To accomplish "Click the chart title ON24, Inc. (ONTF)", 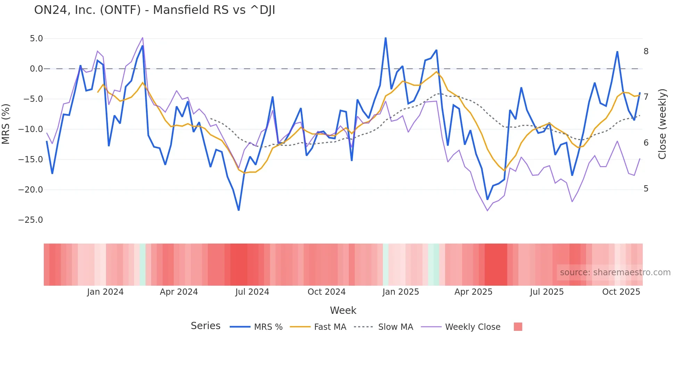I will pyautogui.click(x=155, y=10).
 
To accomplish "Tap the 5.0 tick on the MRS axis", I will pyautogui.click(x=36, y=39).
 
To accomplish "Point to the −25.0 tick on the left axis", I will pyautogui.click(x=31, y=220).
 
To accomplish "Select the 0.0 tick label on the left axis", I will pyautogui.click(x=36, y=69).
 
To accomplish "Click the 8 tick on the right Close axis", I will pyautogui.click(x=646, y=51).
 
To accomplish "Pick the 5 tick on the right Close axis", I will pyautogui.click(x=646, y=189).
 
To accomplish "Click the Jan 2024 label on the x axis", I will pyautogui.click(x=105, y=292).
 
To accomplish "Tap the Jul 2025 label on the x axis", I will pyautogui.click(x=547, y=292).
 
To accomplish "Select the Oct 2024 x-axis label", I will pyautogui.click(x=327, y=292).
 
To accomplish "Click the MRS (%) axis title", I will pyautogui.click(x=6, y=124).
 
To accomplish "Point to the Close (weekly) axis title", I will pyautogui.click(x=662, y=124).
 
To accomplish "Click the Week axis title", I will pyautogui.click(x=343, y=310).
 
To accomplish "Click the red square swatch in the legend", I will pyautogui.click(x=518, y=327).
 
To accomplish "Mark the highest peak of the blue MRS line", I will pyautogui.click(x=386, y=38).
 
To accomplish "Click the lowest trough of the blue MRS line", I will pyautogui.click(x=239, y=210).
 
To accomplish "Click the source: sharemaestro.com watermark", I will pyautogui.click(x=615, y=272).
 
